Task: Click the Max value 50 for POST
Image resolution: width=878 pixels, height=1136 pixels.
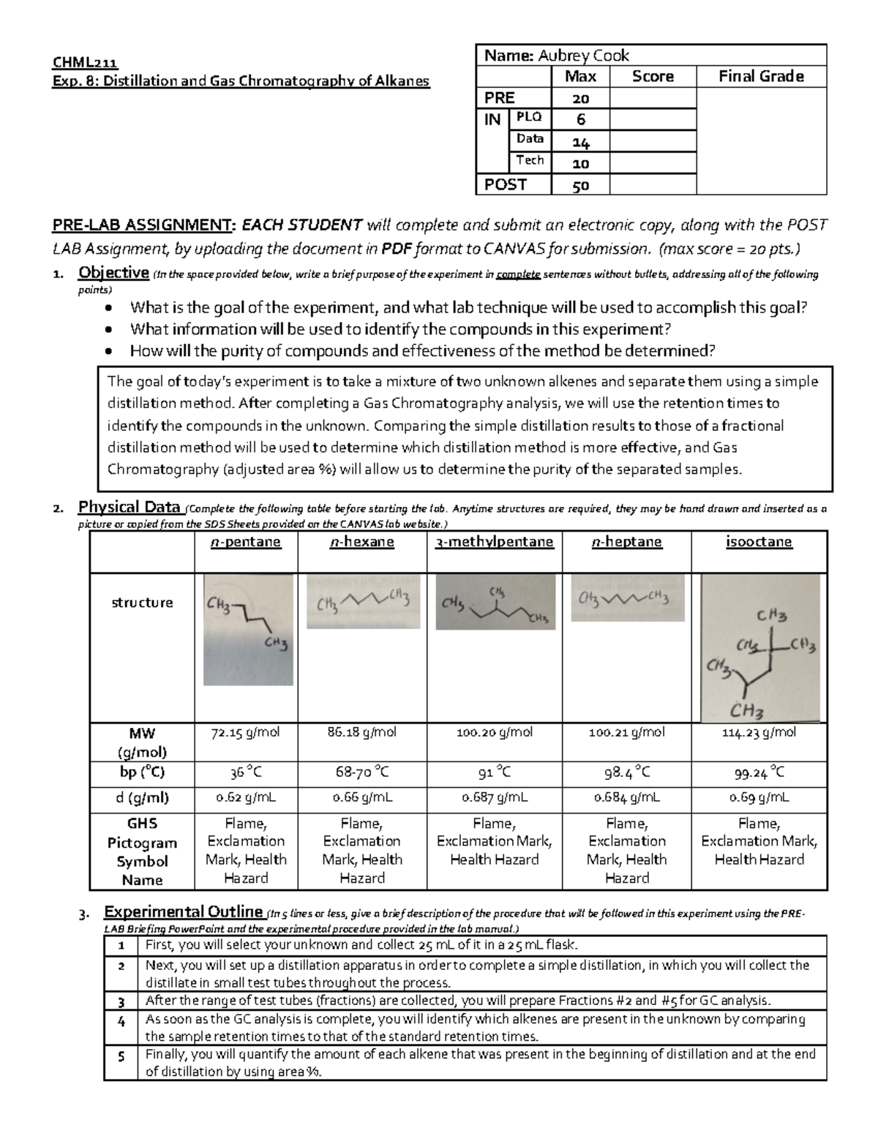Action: (x=580, y=186)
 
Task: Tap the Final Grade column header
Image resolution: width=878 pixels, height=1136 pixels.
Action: (x=761, y=77)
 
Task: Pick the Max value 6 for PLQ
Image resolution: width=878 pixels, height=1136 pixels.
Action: (x=580, y=120)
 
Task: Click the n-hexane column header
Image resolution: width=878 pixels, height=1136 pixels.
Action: (x=362, y=542)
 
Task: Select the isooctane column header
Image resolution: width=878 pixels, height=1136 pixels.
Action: (x=759, y=542)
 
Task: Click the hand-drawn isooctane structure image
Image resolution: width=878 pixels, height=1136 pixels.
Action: (x=761, y=648)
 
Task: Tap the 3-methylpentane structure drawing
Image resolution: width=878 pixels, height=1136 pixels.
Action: (x=495, y=602)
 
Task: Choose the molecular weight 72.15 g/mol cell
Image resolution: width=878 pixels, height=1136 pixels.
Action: (x=246, y=733)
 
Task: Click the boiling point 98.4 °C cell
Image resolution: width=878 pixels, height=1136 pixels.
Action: (x=627, y=773)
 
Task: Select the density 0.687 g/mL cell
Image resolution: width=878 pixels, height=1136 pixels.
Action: (x=495, y=798)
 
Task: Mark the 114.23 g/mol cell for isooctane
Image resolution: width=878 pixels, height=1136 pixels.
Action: (x=759, y=733)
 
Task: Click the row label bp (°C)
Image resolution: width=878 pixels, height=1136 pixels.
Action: (x=142, y=773)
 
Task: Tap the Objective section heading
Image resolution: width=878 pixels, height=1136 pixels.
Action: (x=113, y=273)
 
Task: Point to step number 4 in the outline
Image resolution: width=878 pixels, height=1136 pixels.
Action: (x=121, y=1020)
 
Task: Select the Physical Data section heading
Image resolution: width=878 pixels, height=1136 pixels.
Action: (x=130, y=507)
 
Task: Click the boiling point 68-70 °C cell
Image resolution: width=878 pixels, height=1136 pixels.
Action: (x=362, y=773)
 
